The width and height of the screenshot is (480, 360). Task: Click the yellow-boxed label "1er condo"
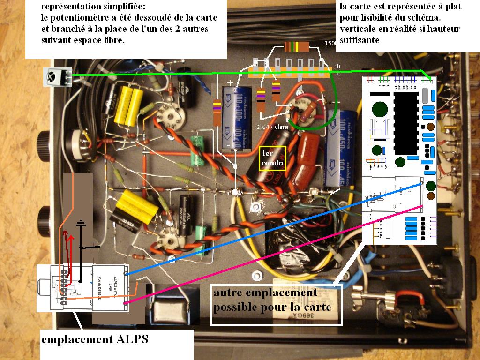pos(272,158)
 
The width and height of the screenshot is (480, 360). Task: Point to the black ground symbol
pos(82,225)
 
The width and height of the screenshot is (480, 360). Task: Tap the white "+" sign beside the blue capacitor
pos(230,83)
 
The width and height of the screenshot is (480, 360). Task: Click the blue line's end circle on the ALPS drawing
pos(125,272)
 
